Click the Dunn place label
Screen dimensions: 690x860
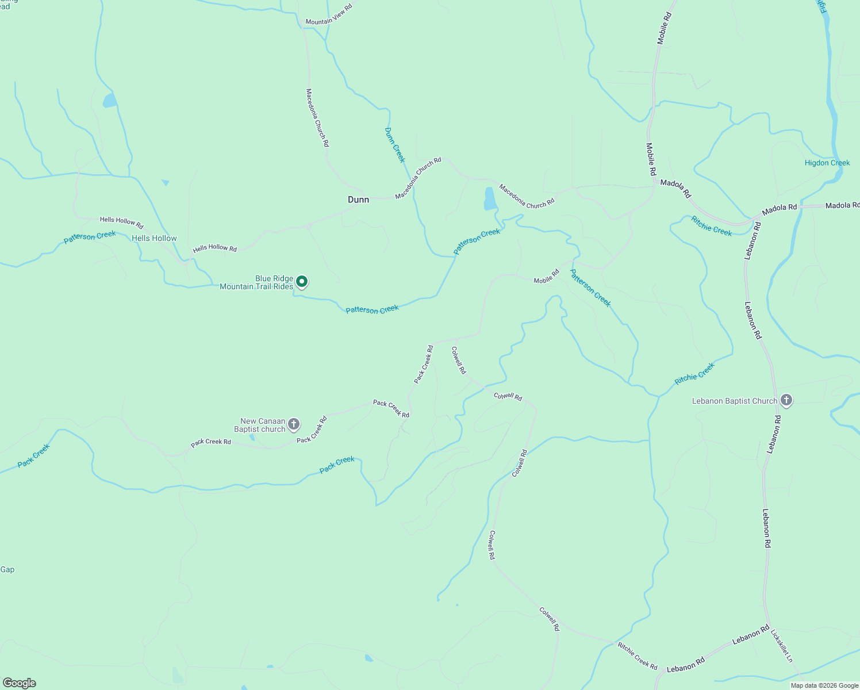[358, 200]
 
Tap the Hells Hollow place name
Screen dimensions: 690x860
[154, 238]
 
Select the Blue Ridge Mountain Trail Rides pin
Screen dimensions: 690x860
[302, 282]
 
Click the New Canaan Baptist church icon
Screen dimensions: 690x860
[294, 425]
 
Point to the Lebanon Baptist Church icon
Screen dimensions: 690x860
[786, 401]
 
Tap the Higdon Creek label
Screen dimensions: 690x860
[827, 163]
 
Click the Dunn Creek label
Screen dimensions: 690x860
[395, 145]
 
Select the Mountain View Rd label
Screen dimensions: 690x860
[328, 16]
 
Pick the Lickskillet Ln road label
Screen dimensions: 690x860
[781, 646]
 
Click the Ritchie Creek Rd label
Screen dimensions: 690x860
[638, 655]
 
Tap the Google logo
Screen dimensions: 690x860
[19, 683]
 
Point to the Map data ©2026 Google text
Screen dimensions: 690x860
[824, 685]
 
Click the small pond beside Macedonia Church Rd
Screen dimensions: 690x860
[490, 199]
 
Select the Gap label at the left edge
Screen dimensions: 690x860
[7, 569]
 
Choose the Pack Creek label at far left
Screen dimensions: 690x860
[33, 455]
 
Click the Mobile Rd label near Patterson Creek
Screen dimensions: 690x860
[546, 277]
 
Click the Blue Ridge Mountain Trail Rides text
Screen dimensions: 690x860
[256, 282]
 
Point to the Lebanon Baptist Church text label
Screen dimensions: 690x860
[734, 401]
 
